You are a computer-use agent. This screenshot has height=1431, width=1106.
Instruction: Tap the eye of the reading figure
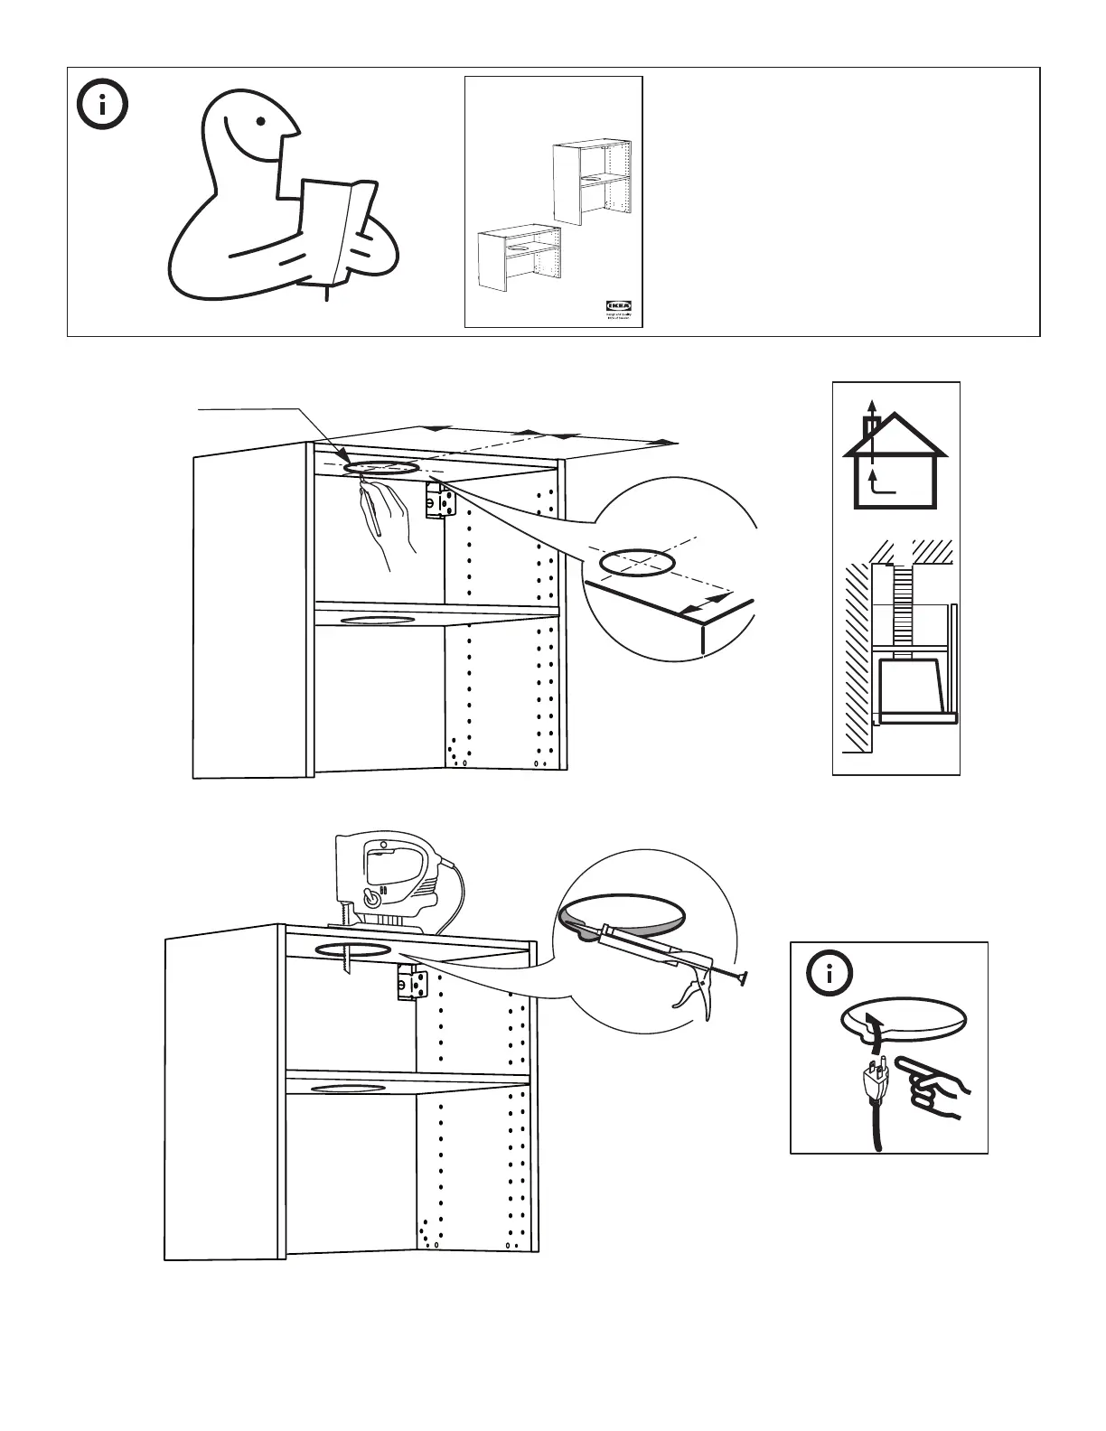coord(260,121)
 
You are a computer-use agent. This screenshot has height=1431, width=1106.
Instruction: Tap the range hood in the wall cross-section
coord(913,687)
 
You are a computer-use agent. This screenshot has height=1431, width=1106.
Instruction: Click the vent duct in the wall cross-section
coord(902,605)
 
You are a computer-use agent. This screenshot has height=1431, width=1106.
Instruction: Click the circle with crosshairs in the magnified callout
coord(636,562)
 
